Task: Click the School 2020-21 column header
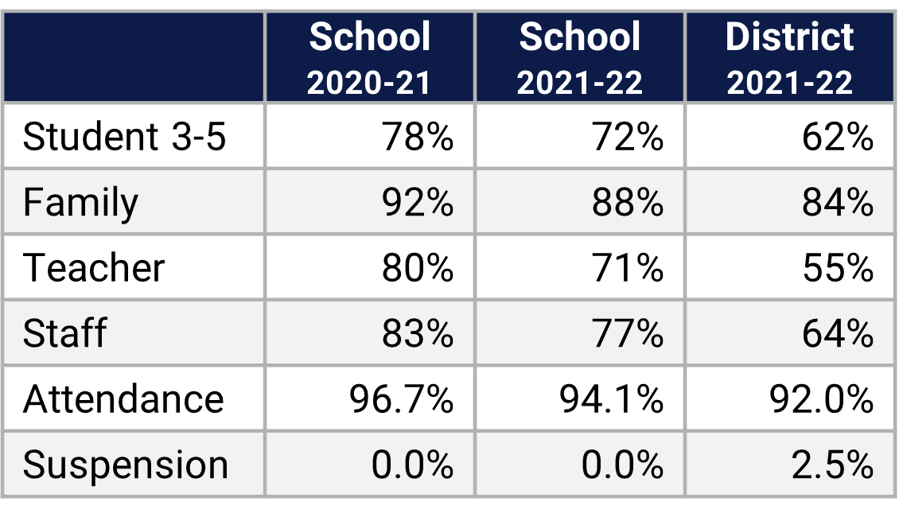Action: pos(369,58)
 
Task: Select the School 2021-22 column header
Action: pos(579,58)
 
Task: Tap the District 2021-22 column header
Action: pos(789,58)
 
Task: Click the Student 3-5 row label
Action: pos(124,137)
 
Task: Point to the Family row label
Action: pos(80,203)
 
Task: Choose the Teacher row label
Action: pos(94,268)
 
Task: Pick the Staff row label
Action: pos(64,333)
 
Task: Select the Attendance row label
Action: pos(123,398)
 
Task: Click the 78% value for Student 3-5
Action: pos(418,137)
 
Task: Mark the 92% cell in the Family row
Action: pos(418,203)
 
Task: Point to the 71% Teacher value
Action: pos(628,268)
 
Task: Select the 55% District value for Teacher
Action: pos(837,268)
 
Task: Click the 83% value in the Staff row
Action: pos(418,333)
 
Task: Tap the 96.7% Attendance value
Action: pos(402,398)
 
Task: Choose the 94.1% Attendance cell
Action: pos(612,398)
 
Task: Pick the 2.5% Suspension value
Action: pos(832,464)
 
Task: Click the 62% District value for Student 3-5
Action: pos(837,137)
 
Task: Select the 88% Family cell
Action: pos(628,203)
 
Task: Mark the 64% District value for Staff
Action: pos(837,333)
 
